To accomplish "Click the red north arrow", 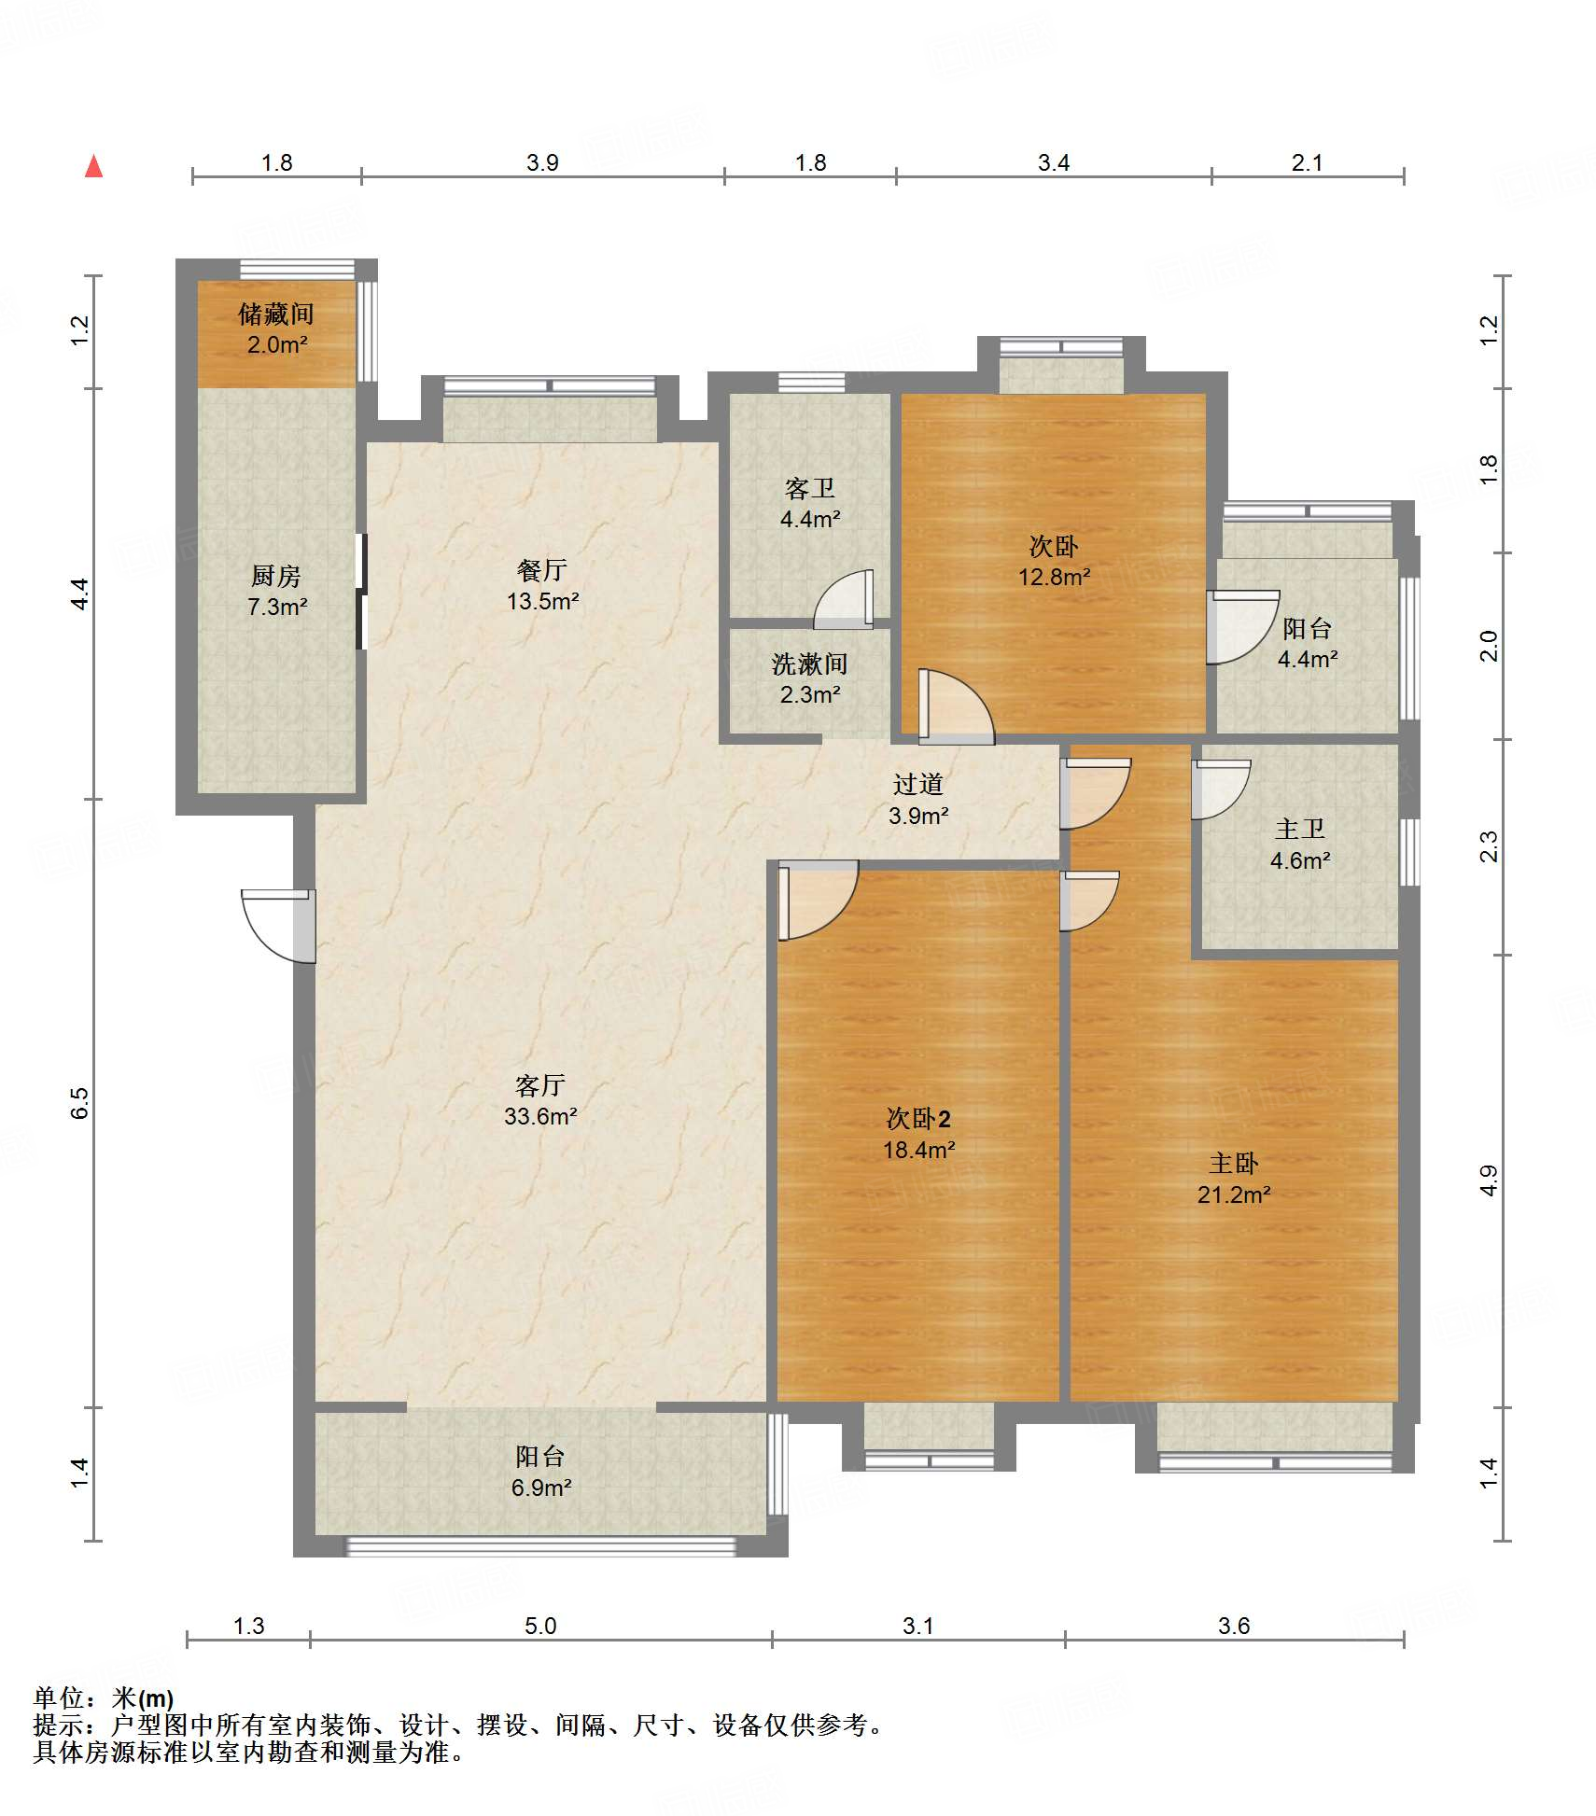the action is (x=93, y=167).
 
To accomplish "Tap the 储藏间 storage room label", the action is (x=275, y=328).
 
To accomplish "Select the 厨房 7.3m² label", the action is (x=276, y=591).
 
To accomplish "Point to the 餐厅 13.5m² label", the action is (x=542, y=585).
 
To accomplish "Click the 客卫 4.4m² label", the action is (x=810, y=504).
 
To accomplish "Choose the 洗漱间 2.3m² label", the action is (x=810, y=678).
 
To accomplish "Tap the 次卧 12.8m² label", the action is (x=1054, y=561).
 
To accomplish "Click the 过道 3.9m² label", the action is (x=918, y=800).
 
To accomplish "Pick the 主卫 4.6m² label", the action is (x=1300, y=845).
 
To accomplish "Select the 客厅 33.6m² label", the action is (x=540, y=1100).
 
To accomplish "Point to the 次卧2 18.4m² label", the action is (x=918, y=1134).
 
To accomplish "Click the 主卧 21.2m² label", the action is (x=1234, y=1179).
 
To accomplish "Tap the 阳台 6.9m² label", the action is (x=540, y=1472).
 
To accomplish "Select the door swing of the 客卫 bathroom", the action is (x=845, y=599).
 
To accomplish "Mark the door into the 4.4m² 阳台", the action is (x=1242, y=627).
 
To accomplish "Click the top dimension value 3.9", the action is (x=542, y=162).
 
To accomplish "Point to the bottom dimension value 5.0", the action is (x=540, y=1627).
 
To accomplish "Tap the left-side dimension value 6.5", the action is (x=80, y=1102).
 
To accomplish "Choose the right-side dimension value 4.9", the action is (x=1489, y=1180).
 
